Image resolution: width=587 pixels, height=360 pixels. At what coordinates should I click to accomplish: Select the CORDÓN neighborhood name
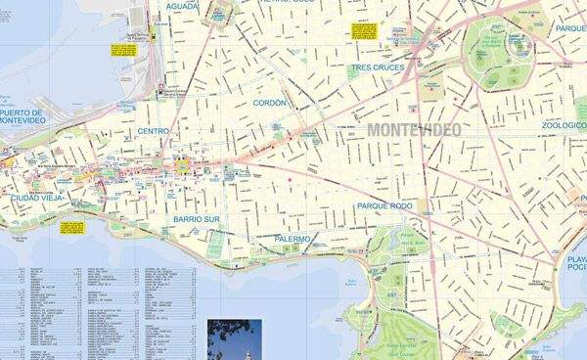coord(269,102)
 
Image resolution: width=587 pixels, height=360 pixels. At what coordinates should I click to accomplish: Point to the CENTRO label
coord(154,131)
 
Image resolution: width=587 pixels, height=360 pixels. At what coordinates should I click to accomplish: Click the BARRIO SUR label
coord(197,220)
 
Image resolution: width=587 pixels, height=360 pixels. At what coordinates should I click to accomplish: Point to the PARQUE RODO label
coord(385,206)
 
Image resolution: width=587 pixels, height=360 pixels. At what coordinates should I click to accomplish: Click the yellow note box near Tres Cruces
coord(348,29)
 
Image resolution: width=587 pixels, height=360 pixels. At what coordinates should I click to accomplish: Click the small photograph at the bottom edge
coord(235,338)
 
